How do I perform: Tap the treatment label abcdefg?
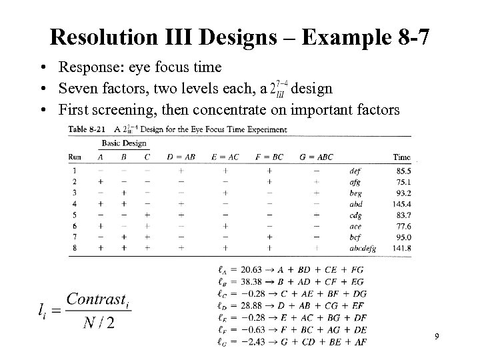tap(363, 248)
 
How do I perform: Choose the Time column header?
tap(401, 157)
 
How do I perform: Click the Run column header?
tap(75, 157)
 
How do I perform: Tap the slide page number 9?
tap(436, 337)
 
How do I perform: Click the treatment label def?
tap(356, 170)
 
